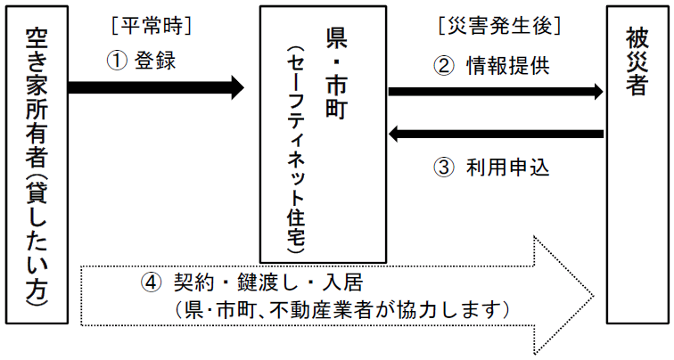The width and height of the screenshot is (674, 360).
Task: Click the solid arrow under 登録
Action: point(156,87)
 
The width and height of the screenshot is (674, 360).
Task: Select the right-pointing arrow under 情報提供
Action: point(496,91)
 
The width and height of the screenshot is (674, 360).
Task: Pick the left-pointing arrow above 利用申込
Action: point(496,135)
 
